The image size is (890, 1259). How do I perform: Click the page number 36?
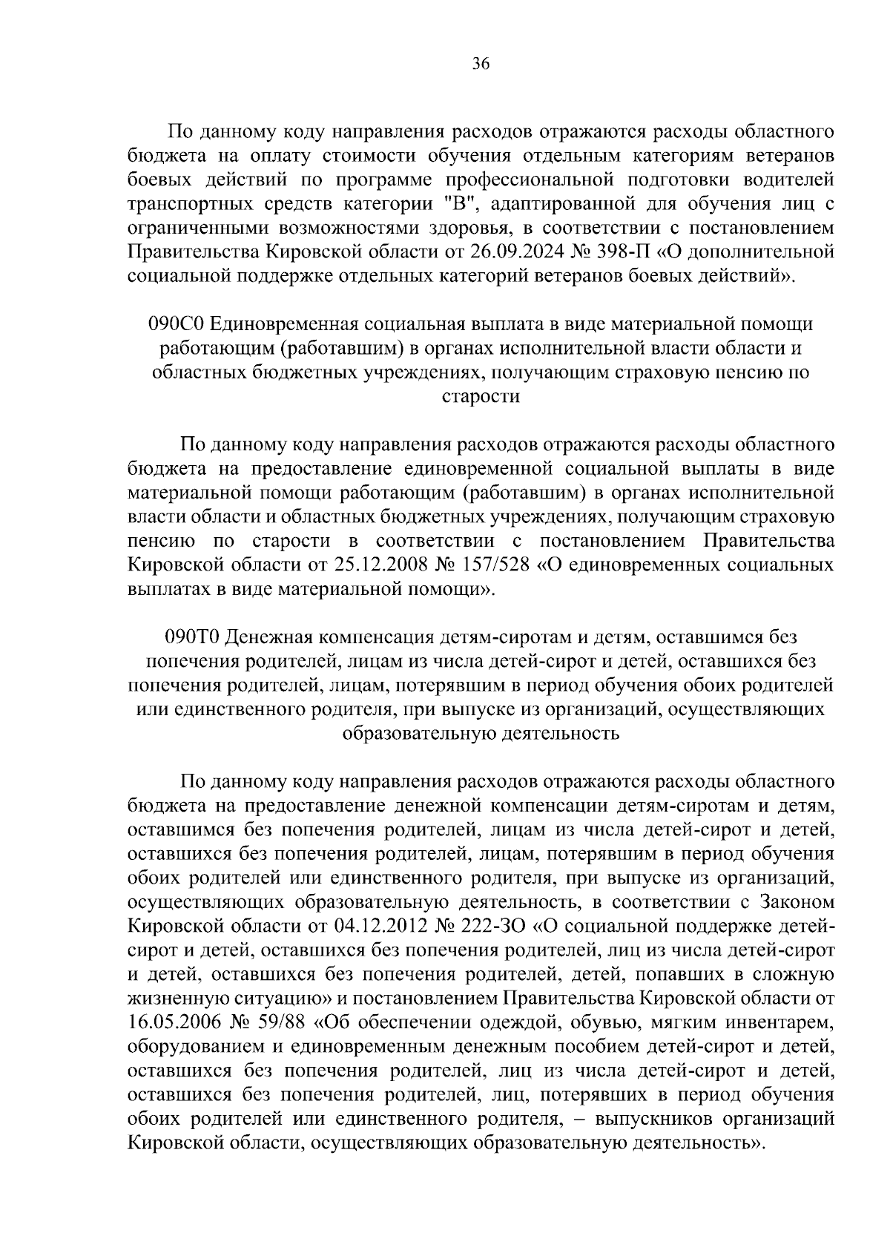(481, 65)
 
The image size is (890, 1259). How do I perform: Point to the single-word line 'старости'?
(481, 396)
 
